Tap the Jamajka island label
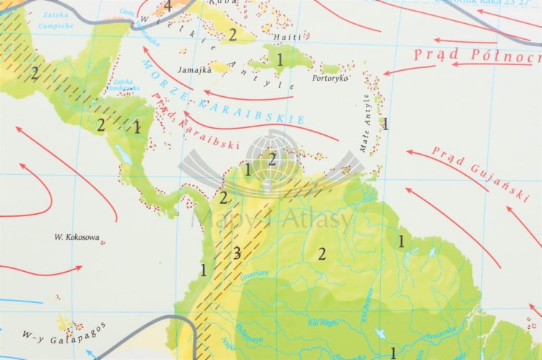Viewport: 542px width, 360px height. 195,70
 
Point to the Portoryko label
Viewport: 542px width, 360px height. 330,77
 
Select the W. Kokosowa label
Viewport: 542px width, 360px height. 76,236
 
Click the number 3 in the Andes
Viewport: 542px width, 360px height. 236,253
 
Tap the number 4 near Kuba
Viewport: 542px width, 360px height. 168,7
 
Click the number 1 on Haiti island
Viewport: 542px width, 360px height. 280,59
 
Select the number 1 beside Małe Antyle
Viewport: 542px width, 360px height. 385,124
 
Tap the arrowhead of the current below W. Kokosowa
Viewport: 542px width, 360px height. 79,268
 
